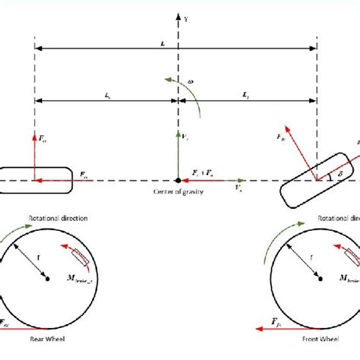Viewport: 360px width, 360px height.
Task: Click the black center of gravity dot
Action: pos(178,181)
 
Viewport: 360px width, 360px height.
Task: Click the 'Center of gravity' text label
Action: pos(178,191)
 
